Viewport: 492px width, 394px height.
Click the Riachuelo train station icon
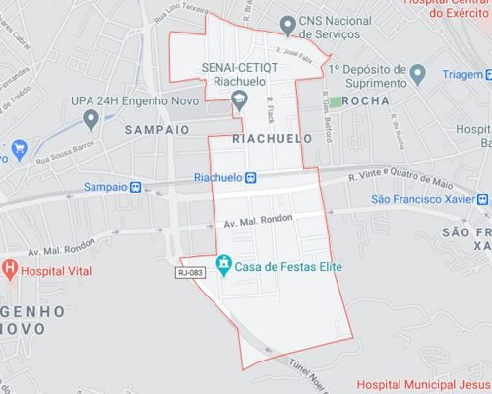(x=251, y=178)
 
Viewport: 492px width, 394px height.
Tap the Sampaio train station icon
(x=135, y=186)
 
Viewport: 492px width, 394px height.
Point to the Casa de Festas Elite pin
(x=224, y=264)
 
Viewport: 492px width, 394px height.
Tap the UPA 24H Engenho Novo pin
(x=91, y=119)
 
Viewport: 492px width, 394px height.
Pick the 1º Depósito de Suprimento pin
(x=417, y=73)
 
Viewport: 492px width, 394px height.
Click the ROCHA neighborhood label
(x=366, y=101)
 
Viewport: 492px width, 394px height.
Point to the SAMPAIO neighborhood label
(x=157, y=129)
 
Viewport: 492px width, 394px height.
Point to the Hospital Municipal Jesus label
(x=423, y=384)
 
